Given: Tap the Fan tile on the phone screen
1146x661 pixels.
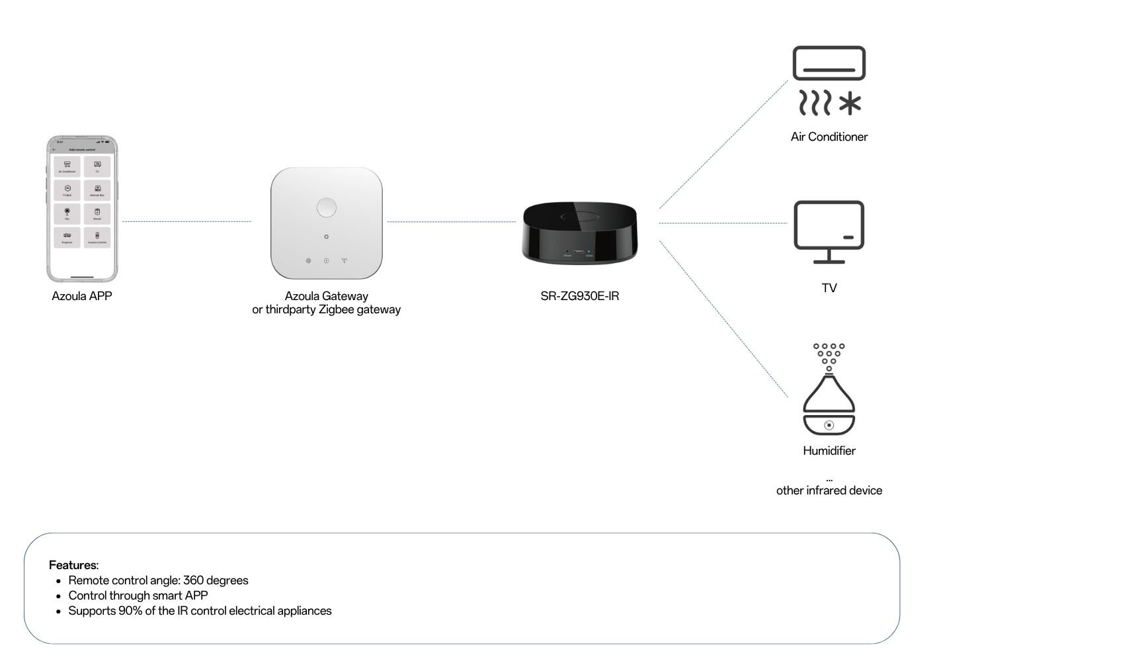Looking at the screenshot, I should click(x=67, y=214).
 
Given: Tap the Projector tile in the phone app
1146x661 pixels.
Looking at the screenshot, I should click(x=67, y=237).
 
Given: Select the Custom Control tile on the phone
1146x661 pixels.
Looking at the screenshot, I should click(x=97, y=237).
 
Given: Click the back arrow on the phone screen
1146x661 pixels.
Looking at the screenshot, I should click(x=55, y=149).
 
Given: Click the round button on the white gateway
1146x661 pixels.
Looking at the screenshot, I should click(x=326, y=208).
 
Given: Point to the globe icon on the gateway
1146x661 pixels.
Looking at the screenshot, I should click(x=308, y=260).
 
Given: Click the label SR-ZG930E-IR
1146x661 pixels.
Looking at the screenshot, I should click(x=579, y=296).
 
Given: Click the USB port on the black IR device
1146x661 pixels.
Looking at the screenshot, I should click(x=578, y=252).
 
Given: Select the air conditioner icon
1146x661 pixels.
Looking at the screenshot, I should click(x=829, y=63).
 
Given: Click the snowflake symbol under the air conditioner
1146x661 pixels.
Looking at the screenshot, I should click(x=850, y=104).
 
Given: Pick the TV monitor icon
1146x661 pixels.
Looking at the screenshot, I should click(x=829, y=231).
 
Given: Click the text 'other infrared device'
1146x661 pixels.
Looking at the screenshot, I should click(x=829, y=490).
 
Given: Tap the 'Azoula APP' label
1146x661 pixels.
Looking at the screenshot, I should click(x=82, y=296).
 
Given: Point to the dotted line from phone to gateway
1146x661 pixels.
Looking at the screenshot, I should click(x=186, y=221).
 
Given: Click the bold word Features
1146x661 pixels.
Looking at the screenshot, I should click(x=73, y=565).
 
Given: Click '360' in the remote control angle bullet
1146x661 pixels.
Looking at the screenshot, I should click(x=193, y=580).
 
